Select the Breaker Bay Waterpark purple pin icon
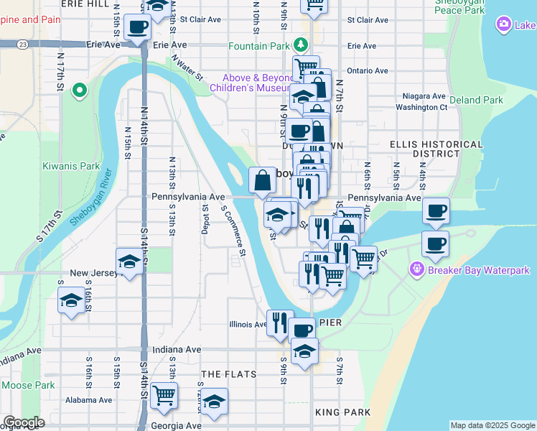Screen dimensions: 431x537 416,270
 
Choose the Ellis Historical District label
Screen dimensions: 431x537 425,149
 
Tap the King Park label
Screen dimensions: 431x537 342,412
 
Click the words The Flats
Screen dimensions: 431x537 228,374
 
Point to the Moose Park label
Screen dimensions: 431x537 28,385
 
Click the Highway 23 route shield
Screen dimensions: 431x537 24,45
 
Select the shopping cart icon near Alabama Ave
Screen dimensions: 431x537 164,394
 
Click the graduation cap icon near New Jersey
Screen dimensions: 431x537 129,261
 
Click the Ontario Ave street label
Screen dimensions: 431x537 367,71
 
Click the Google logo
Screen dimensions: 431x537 24,422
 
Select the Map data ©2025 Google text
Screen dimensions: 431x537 492,425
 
